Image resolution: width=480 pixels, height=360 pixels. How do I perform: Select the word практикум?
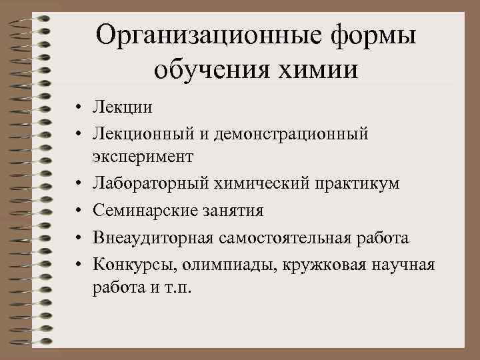tap(363, 183)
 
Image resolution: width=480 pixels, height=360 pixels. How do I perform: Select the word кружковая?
tap(311, 265)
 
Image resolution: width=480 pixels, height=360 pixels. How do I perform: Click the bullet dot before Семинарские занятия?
tap(79, 211)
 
